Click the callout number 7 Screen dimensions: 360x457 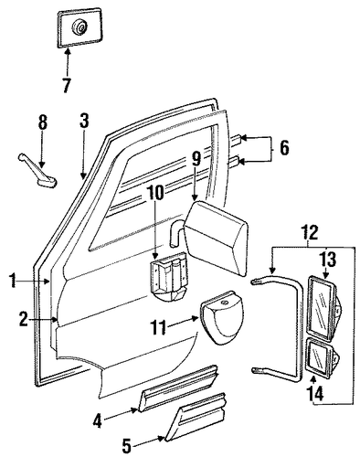pyautogui.click(x=67, y=85)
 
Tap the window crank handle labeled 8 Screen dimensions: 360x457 pyautogui.click(x=38, y=171)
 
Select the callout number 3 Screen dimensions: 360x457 pyautogui.click(x=84, y=121)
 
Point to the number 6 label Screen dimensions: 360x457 pyautogui.click(x=284, y=148)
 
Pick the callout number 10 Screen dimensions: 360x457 pyautogui.click(x=156, y=193)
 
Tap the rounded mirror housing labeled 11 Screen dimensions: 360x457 pyautogui.click(x=222, y=317)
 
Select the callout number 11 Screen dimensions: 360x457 pyautogui.click(x=158, y=327)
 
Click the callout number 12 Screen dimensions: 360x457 pyautogui.click(x=310, y=233)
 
